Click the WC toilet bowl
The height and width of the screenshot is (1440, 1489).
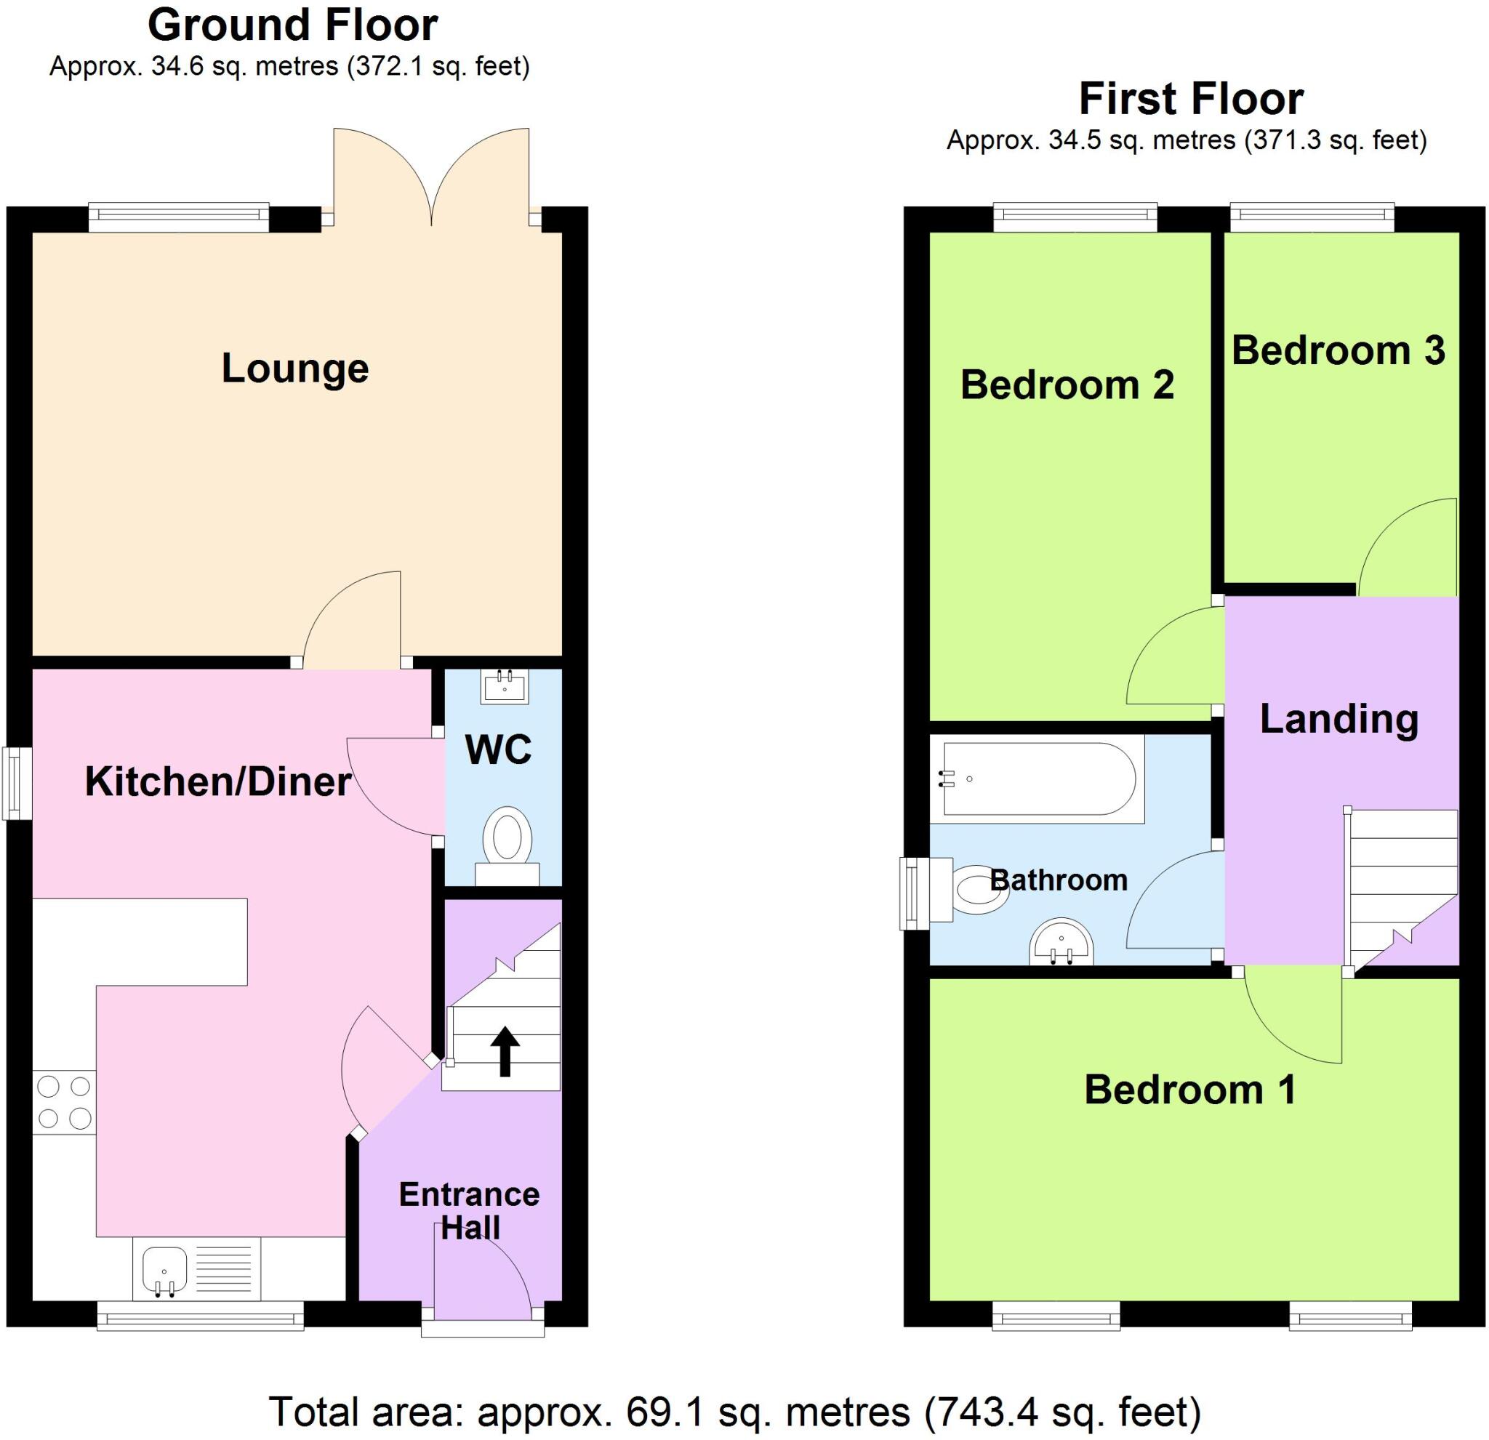(507, 837)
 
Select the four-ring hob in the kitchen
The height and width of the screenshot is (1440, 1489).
(65, 1102)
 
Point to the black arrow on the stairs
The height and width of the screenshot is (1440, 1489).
(505, 1052)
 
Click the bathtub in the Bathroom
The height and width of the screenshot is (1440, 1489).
(1038, 779)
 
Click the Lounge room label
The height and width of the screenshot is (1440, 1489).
(294, 369)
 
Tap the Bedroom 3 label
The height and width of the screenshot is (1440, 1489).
(1338, 350)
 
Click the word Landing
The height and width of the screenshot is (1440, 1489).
(1339, 718)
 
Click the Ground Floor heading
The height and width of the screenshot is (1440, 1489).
(292, 25)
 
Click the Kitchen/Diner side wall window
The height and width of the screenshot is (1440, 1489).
(17, 784)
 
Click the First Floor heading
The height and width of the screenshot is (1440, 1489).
(1190, 99)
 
